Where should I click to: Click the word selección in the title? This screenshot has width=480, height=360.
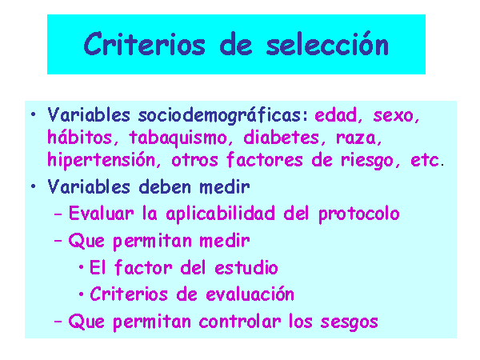(x=327, y=44)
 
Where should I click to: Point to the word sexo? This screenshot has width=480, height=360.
(x=396, y=116)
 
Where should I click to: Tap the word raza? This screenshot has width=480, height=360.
(x=358, y=138)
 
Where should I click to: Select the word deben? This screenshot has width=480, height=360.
(x=165, y=186)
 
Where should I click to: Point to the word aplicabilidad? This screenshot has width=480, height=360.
(x=221, y=214)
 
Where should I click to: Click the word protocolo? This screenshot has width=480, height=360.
(x=359, y=214)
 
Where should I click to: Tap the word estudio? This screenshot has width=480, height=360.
(x=246, y=267)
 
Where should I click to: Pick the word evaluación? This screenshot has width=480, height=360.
(x=250, y=294)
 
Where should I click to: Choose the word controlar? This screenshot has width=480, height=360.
(x=240, y=322)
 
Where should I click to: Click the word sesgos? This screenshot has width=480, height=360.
(x=350, y=322)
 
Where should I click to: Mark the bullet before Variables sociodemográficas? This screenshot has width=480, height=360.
(x=34, y=115)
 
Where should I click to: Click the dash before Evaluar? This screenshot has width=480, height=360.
(x=58, y=214)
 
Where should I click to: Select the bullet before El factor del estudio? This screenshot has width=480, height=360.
(x=81, y=267)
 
